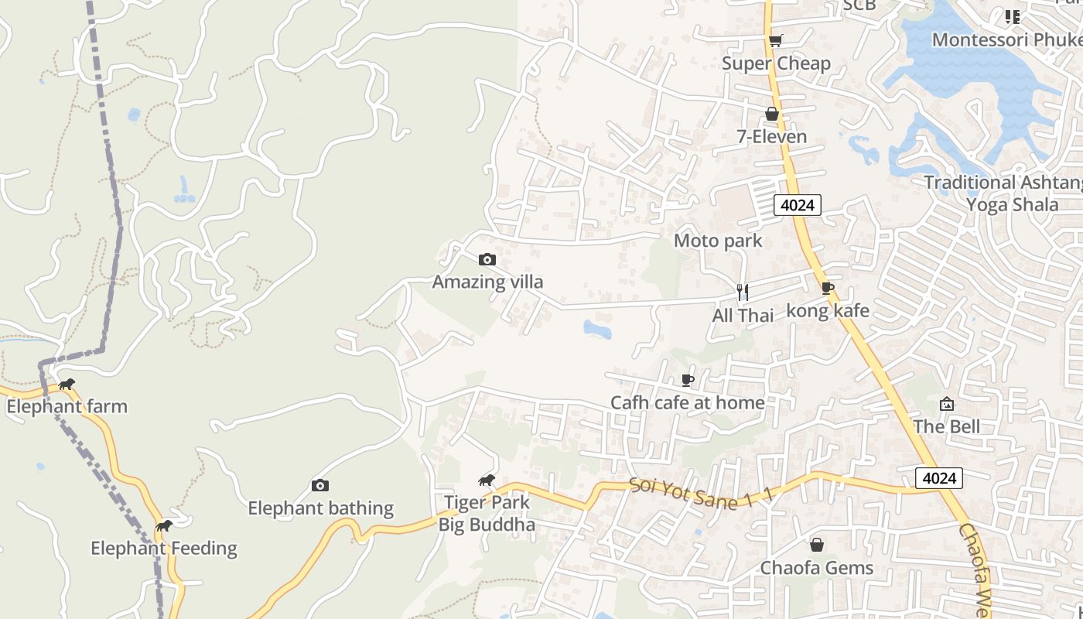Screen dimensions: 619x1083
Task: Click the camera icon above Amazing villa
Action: (x=487, y=259)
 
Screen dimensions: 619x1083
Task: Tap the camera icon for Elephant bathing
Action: (x=320, y=486)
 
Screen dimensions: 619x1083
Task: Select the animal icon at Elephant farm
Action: (x=67, y=385)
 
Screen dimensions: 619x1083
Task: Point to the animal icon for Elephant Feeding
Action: (x=163, y=526)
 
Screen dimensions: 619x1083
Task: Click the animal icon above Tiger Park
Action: (x=487, y=480)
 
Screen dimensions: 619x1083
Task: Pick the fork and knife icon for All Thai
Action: (x=743, y=292)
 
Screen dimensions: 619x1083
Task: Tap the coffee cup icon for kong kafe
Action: (x=827, y=289)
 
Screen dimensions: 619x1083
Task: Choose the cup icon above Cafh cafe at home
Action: (x=687, y=380)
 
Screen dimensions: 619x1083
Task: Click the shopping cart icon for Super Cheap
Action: (x=775, y=40)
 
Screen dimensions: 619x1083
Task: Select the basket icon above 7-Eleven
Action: (x=771, y=114)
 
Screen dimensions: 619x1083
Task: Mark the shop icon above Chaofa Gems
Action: (x=816, y=545)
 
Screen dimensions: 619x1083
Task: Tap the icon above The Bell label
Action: (x=946, y=404)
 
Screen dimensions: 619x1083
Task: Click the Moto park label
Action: (x=718, y=241)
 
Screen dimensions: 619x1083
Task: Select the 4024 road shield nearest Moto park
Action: (x=798, y=205)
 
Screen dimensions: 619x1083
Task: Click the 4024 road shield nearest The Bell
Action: (x=939, y=478)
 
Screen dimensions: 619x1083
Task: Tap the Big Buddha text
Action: (x=487, y=525)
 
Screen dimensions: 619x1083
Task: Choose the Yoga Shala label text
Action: (x=1012, y=204)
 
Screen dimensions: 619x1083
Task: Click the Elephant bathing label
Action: (x=320, y=508)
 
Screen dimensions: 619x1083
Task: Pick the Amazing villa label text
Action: (x=487, y=282)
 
